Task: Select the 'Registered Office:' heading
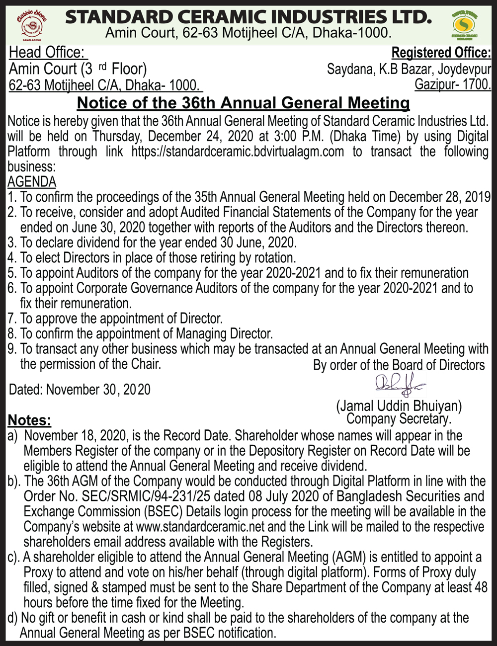[441, 53]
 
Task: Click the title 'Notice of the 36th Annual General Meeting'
[244, 103]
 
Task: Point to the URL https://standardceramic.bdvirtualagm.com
[238, 152]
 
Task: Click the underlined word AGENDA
[32, 182]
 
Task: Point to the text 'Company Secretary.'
[399, 419]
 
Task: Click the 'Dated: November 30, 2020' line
[80, 390]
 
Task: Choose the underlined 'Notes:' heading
[29, 420]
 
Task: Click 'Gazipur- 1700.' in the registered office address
[453, 84]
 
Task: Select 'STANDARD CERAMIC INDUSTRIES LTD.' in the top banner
[248, 17]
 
